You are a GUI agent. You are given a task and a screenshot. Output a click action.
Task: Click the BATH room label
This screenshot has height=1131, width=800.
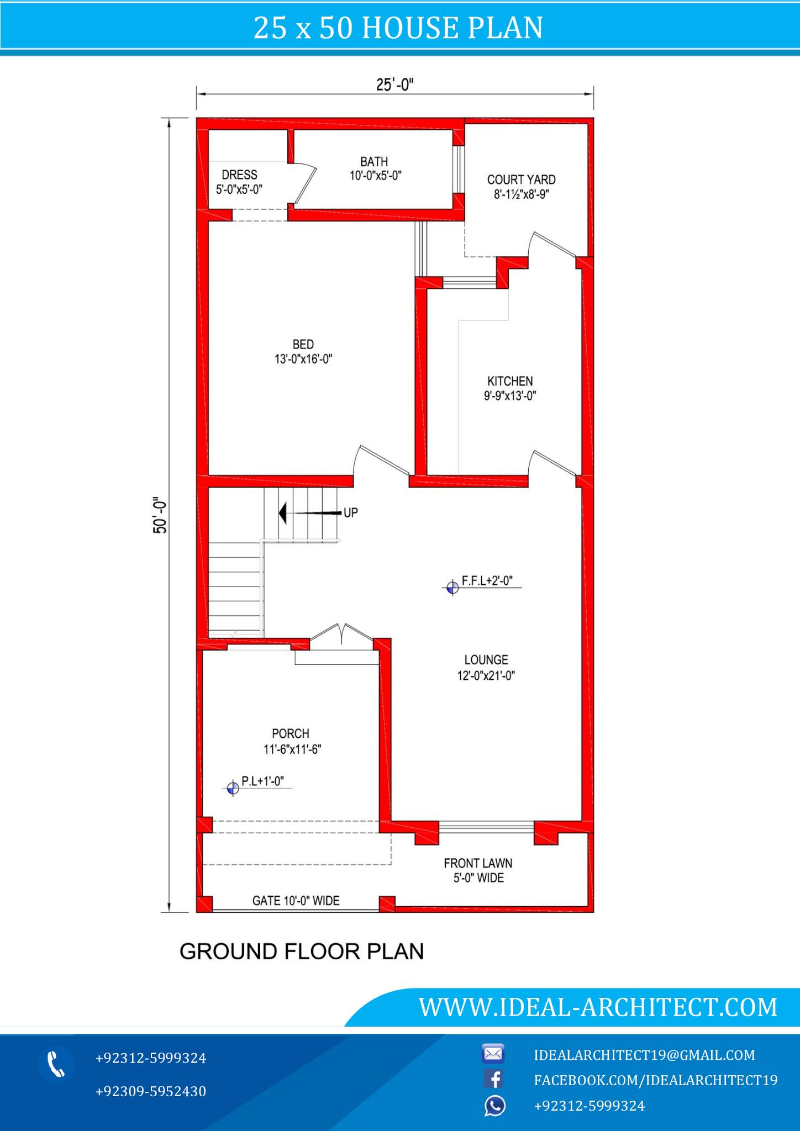374,162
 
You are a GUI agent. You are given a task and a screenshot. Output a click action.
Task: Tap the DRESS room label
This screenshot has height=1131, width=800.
239,175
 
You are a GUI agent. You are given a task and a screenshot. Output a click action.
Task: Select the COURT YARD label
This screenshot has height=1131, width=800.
521,180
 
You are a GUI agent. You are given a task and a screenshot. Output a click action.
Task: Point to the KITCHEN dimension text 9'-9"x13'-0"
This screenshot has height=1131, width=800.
510,396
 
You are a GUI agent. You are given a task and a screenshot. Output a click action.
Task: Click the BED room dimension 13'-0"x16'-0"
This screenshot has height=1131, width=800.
303,359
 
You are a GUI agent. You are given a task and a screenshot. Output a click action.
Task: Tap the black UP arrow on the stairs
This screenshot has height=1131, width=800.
283,513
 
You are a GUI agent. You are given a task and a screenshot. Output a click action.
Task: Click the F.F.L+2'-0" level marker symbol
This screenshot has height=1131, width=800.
452,588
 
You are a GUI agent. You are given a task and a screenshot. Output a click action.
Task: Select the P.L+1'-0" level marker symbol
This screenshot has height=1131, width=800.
233,788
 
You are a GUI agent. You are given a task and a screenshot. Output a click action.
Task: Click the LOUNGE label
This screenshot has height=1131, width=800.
486,660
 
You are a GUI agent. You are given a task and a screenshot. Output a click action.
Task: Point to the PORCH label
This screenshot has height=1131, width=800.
291,734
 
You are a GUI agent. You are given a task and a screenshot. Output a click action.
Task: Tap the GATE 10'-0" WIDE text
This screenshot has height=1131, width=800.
296,901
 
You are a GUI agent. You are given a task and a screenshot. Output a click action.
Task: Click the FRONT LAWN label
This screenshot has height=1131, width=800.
478,863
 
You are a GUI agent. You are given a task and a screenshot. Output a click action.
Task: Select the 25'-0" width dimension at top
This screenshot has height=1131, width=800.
394,85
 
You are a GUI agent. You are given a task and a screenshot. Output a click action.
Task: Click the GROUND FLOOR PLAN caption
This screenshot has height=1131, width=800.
302,952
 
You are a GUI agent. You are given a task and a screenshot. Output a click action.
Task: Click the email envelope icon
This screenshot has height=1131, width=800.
493,1054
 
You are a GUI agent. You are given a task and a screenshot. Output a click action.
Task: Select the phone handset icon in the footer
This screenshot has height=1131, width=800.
56,1064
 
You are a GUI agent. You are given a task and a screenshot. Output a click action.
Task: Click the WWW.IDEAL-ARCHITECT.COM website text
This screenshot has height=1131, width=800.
598,1007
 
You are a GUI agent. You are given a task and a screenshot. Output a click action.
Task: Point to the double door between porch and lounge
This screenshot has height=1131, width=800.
342,635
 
